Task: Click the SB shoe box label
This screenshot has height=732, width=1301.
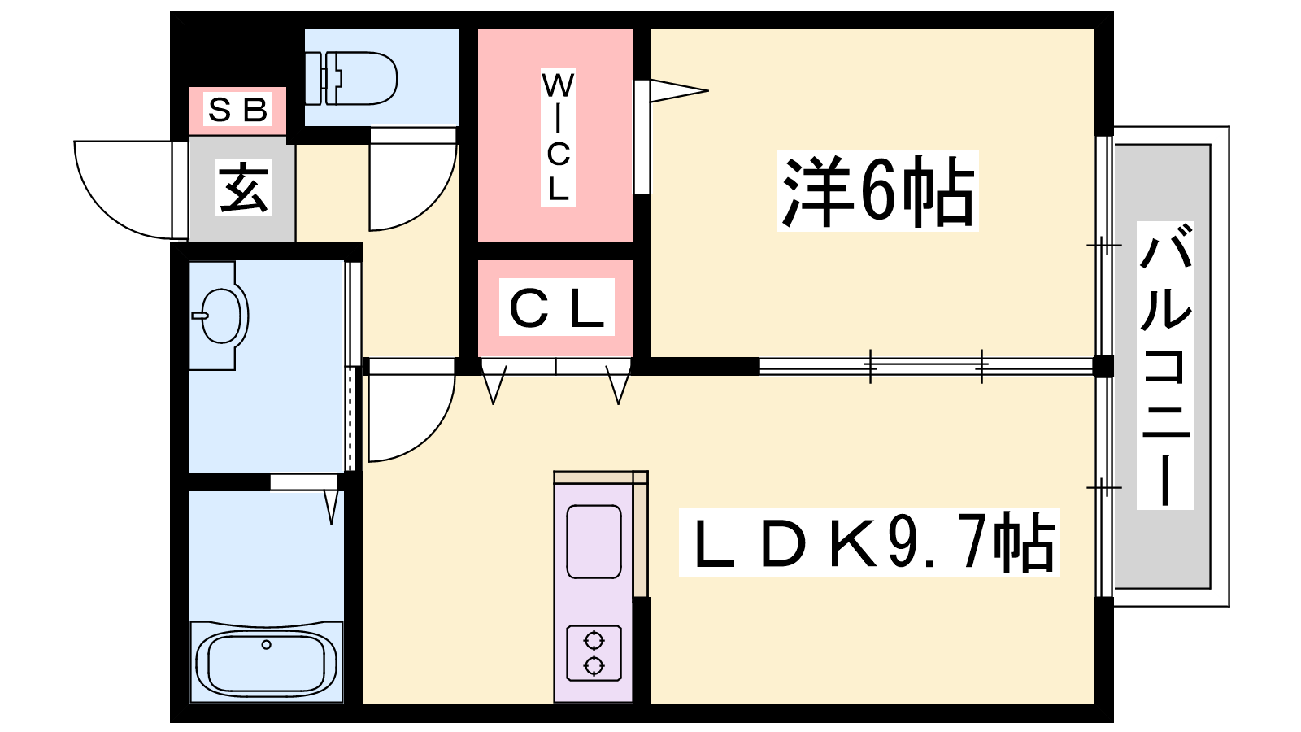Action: [237, 109]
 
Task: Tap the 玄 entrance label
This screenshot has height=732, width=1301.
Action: [243, 187]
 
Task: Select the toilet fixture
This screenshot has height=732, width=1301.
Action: [350, 78]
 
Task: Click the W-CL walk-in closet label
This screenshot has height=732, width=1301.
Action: [558, 137]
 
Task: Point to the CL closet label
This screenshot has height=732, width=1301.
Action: [556, 307]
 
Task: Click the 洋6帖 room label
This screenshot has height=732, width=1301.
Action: [877, 191]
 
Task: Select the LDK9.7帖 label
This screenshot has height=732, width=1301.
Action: [869, 542]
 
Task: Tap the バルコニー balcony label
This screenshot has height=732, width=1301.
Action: [1165, 365]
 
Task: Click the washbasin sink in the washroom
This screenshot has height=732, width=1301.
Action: [220, 316]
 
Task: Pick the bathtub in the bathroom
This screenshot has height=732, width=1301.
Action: [267, 662]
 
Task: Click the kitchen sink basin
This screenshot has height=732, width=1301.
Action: [594, 542]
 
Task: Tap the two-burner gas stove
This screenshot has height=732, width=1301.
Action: [594, 653]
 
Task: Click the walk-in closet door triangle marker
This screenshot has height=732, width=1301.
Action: [678, 90]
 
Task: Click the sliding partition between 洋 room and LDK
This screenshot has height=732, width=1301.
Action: [926, 366]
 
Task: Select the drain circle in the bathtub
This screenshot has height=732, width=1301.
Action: [266, 644]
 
